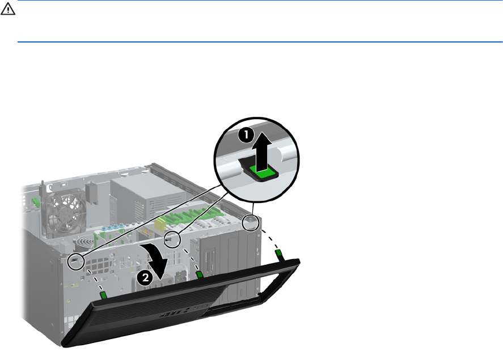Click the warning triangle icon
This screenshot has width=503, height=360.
tap(8, 9)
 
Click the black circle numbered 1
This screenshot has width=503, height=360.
tap(246, 134)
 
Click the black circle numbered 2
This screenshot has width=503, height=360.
tap(145, 277)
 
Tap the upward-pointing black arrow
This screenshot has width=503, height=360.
tap(261, 151)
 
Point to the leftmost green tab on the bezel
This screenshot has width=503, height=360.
tap(103, 295)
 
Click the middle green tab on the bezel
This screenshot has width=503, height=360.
tap(199, 274)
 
